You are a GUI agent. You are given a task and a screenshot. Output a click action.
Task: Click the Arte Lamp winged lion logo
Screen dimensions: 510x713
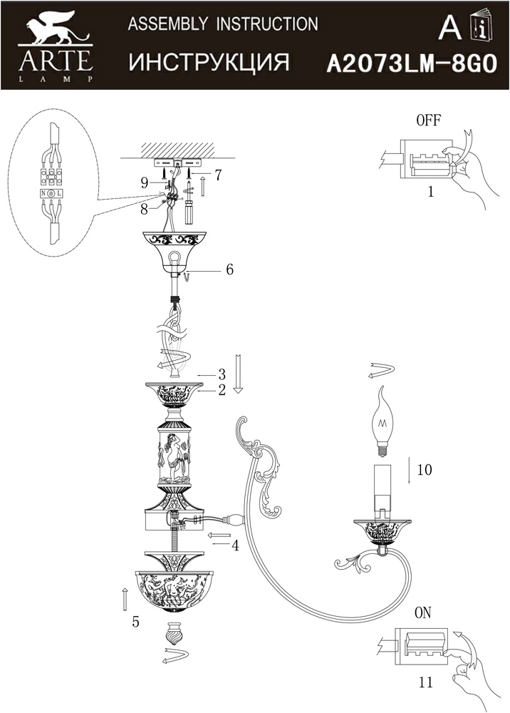pyautogui.click(x=56, y=29)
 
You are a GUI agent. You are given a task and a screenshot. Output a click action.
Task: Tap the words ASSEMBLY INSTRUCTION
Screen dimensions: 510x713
pyautogui.click(x=223, y=24)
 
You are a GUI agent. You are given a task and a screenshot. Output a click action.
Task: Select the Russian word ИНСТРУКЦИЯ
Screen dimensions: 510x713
pyautogui.click(x=209, y=62)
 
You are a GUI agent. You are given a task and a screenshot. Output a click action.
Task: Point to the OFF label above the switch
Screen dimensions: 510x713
pyautogui.click(x=428, y=120)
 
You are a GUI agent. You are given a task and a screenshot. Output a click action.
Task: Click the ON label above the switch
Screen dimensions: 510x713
pyautogui.click(x=423, y=613)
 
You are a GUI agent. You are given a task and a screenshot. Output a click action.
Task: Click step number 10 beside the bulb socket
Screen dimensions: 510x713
pyautogui.click(x=425, y=470)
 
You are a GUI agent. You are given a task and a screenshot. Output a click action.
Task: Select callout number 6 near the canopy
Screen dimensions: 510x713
pyautogui.click(x=229, y=270)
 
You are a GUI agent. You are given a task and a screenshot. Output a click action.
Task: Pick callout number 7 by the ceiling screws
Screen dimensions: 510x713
pyautogui.click(x=218, y=175)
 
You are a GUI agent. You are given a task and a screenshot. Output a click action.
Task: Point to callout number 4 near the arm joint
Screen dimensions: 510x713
pyautogui.click(x=235, y=545)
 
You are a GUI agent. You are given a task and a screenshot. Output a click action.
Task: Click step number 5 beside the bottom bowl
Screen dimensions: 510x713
pyautogui.click(x=135, y=622)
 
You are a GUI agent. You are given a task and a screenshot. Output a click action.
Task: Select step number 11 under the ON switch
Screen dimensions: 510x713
pyautogui.click(x=426, y=682)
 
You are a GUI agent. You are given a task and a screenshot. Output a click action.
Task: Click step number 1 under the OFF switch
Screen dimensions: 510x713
pyautogui.click(x=430, y=191)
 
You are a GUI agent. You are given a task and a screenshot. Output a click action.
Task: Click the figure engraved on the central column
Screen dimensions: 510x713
pyautogui.click(x=175, y=457)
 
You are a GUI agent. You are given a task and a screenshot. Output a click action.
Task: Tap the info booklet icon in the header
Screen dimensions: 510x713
pyautogui.click(x=482, y=26)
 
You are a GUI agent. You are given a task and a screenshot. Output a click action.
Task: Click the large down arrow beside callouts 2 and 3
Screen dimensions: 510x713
pyautogui.click(x=239, y=374)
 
